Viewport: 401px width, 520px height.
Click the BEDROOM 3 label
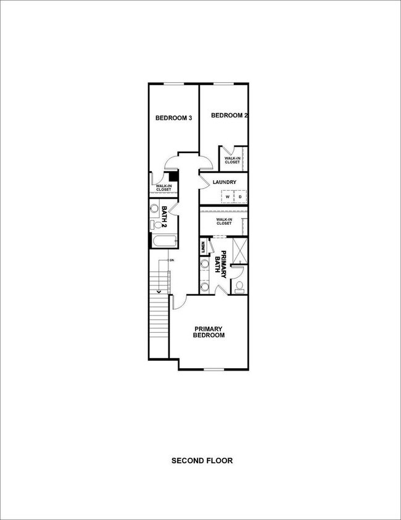point(173,118)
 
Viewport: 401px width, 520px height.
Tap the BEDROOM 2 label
point(229,115)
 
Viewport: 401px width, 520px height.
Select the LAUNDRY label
point(225,182)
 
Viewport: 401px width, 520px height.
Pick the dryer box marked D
point(240,197)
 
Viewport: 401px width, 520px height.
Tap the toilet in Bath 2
point(155,225)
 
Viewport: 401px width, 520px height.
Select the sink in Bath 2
point(155,209)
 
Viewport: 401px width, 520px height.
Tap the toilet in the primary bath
point(239,285)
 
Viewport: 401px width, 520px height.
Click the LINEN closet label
point(202,247)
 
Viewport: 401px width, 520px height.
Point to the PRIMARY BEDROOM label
point(209,332)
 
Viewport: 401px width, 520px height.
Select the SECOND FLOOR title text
point(202,460)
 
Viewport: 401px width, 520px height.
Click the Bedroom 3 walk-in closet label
point(163,187)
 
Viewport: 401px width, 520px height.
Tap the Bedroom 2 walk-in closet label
point(233,160)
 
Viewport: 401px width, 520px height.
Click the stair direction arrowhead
point(159,291)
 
